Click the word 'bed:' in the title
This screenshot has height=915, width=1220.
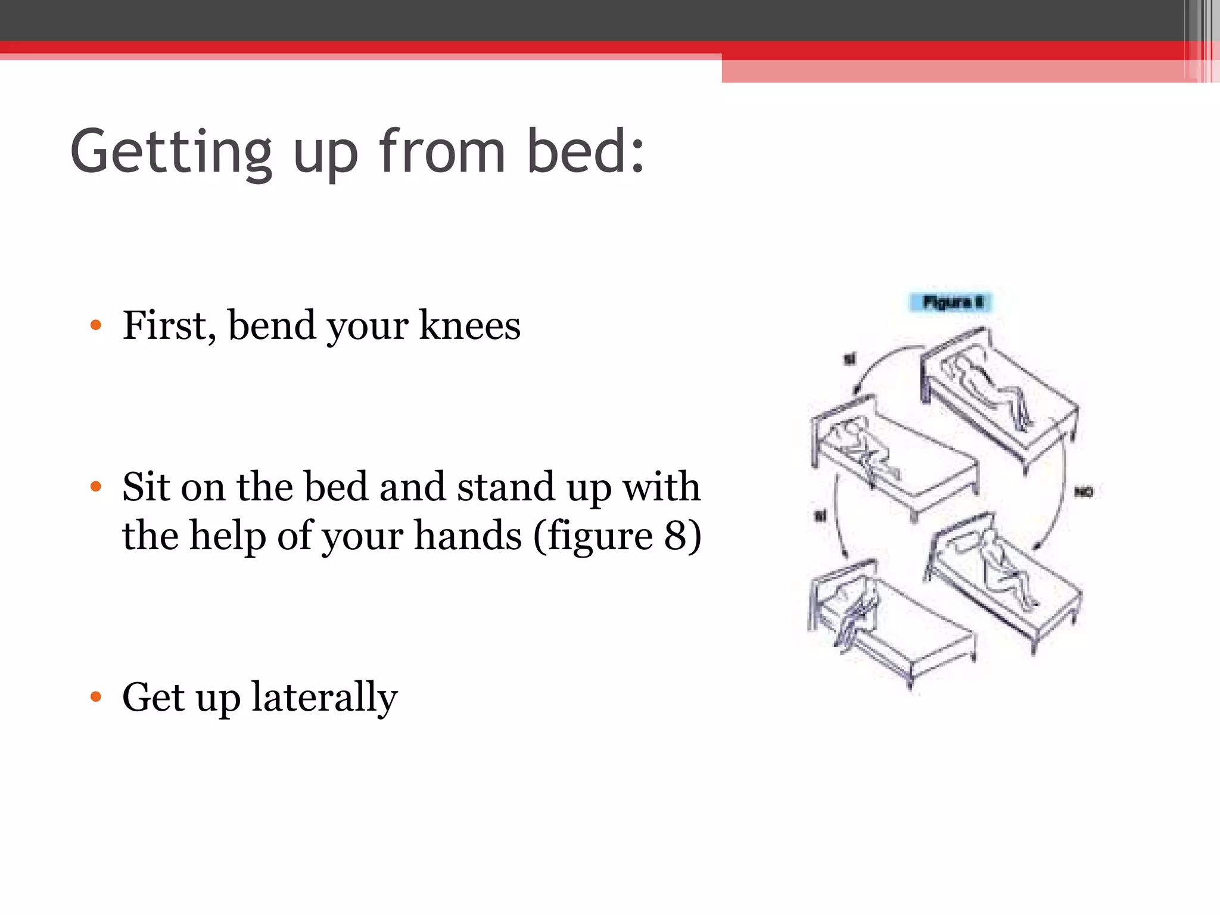(x=585, y=151)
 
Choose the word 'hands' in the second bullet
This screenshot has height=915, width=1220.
(x=468, y=536)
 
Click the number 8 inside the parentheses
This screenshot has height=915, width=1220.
(x=676, y=536)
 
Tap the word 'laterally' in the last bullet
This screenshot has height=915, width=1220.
(x=324, y=697)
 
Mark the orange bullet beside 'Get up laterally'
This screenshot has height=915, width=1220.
(x=96, y=696)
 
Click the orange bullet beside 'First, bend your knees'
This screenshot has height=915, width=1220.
(x=96, y=325)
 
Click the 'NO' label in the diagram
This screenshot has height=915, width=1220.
(x=1084, y=492)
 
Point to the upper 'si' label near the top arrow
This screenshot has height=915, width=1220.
(x=849, y=359)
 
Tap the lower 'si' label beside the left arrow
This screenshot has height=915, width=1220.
(x=820, y=515)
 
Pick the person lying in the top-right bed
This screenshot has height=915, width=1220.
(x=989, y=387)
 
